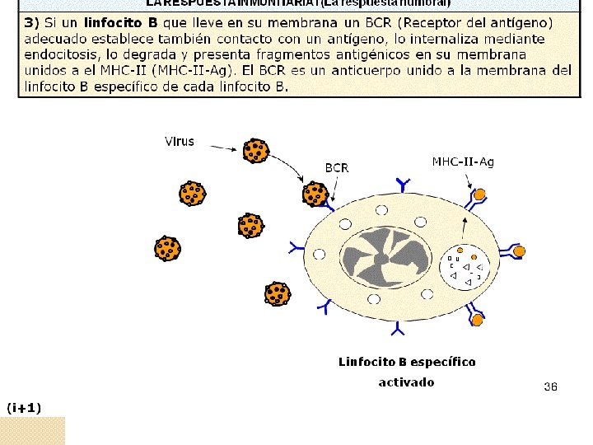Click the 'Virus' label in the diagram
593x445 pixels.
coord(180,141)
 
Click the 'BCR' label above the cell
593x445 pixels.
coord(336,167)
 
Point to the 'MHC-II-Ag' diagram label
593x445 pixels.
coord(463,162)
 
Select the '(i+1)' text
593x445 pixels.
coord(24,407)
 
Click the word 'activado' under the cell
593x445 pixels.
coord(406,382)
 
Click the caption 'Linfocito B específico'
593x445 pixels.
coord(407,362)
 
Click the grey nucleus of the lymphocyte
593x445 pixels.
coord(385,258)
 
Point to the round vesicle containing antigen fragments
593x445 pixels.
coord(465,268)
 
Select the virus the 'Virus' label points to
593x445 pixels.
coord(255,151)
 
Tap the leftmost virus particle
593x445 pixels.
coord(168,248)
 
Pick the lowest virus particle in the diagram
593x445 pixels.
coord(278,294)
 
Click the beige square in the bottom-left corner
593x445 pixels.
coord(32,430)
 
